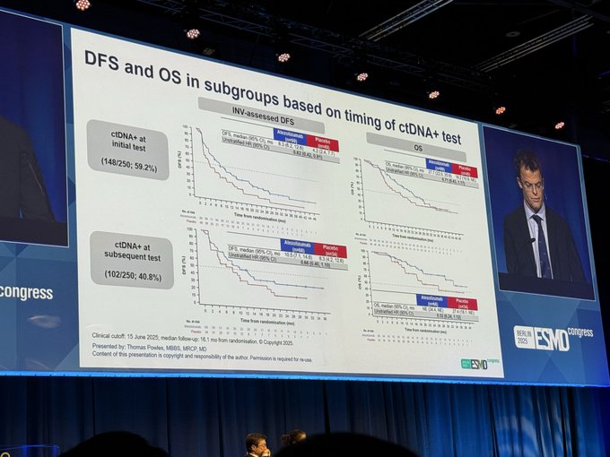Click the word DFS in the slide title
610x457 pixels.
[x=104, y=58]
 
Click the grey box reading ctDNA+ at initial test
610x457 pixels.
[x=128, y=149]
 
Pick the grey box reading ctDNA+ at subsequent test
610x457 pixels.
[x=131, y=260]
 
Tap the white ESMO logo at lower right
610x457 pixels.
[x=553, y=338]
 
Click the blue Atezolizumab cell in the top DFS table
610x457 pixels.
[x=290, y=134]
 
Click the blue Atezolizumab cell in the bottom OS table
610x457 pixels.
[x=431, y=299]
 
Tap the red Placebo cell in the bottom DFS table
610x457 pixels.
[x=329, y=250]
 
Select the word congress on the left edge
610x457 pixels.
[x=27, y=293]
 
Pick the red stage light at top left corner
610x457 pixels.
[x=82, y=4]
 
